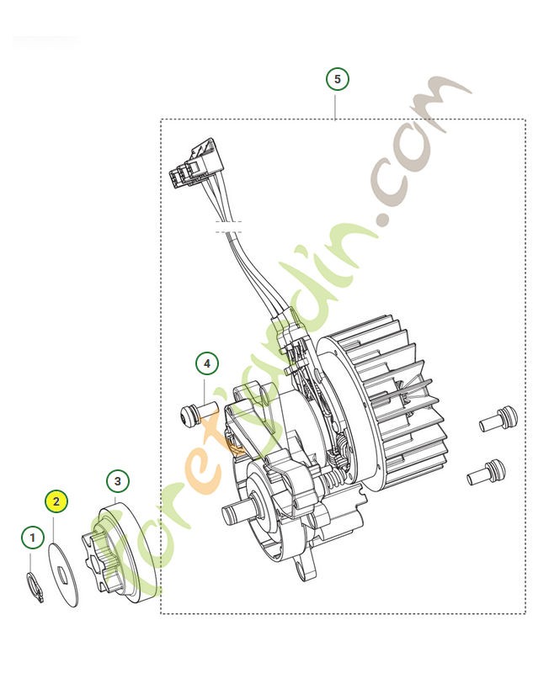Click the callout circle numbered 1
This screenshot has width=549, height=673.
coord(32,536)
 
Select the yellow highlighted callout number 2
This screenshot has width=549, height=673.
coord(56,501)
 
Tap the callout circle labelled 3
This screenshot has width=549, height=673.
coord(118,481)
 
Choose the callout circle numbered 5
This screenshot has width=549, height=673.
coord(337,79)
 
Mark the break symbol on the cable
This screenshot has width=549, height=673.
coord(228,225)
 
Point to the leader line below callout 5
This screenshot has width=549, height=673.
coord(337,104)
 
